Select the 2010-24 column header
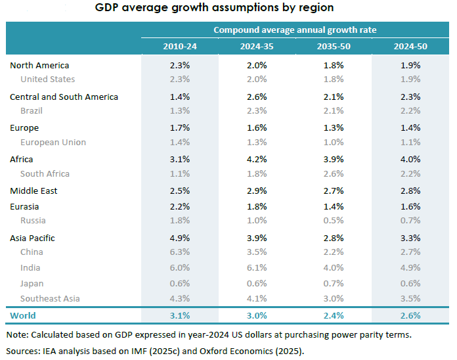tap(179, 46)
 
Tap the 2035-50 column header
tap(333, 46)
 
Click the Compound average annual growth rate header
tap(294, 30)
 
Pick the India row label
tap(30, 267)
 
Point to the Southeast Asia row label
tap(50, 298)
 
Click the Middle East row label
tap(33, 191)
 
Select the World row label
tap(23, 315)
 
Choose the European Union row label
tap(53, 142)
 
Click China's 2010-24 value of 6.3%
tap(179, 252)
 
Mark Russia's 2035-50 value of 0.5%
tap(333, 220)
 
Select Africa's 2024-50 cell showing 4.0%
tap(410, 159)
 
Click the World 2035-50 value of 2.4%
tap(333, 315)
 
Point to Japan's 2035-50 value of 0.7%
tap(333, 283)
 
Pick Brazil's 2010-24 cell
tap(179, 110)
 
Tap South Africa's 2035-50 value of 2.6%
tap(333, 173)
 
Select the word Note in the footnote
tap(17, 335)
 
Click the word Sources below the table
tap(23, 350)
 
